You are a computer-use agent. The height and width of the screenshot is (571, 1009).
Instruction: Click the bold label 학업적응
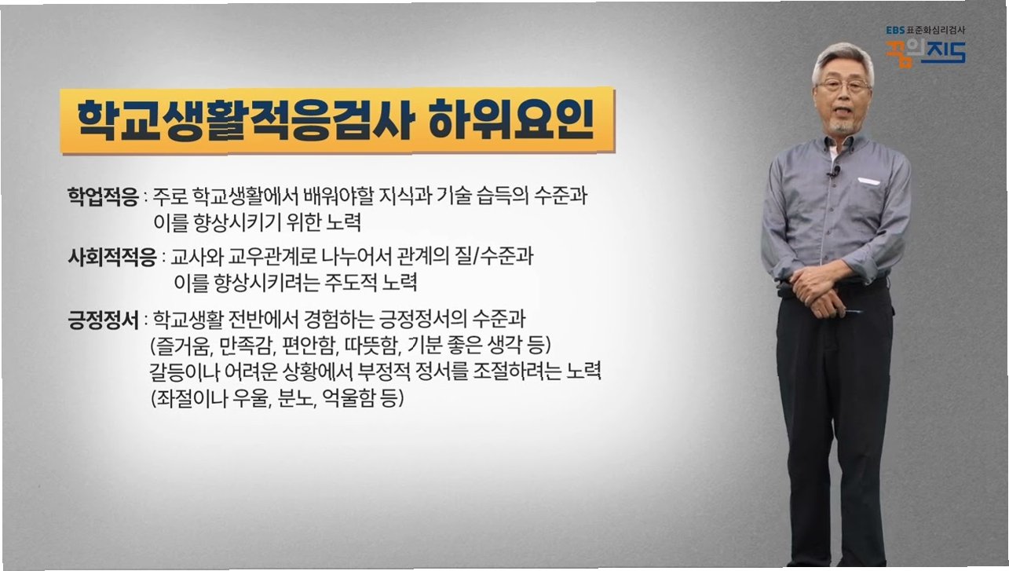click(103, 197)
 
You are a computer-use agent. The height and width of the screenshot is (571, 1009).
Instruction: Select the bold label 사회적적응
click(112, 258)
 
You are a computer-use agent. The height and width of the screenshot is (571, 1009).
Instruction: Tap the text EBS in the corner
click(895, 30)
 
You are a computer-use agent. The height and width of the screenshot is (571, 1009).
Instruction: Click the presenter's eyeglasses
click(843, 85)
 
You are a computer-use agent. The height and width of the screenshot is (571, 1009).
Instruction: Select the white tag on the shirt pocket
click(868, 181)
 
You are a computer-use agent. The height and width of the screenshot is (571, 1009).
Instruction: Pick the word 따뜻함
click(371, 346)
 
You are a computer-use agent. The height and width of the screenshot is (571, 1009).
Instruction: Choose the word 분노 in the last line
click(294, 398)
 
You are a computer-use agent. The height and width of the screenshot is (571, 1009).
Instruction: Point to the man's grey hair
click(843, 59)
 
